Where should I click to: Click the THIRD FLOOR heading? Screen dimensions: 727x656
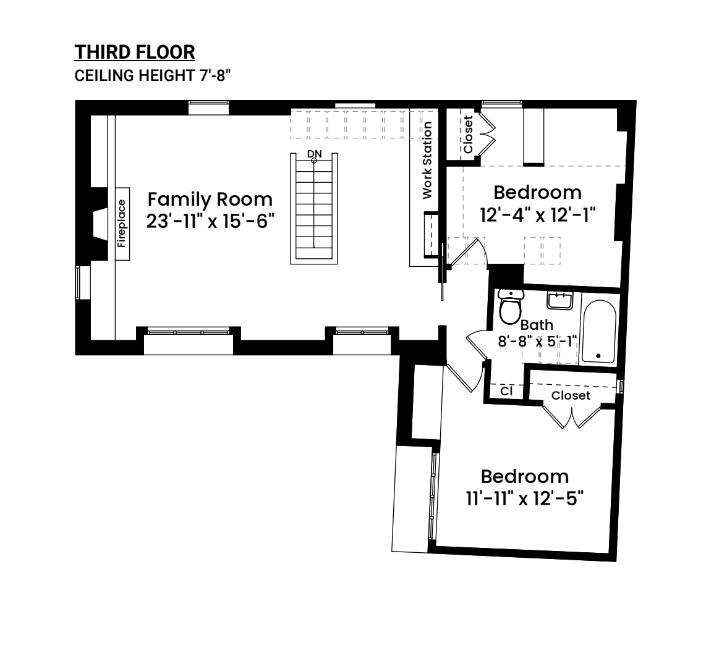tap(135, 52)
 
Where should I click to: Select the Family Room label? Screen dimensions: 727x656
tap(210, 200)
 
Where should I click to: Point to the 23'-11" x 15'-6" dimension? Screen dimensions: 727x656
tap(210, 221)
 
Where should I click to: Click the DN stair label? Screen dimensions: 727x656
tap(314, 154)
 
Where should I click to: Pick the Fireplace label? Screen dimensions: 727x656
tap(121, 224)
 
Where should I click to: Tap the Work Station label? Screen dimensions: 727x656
tap(427, 161)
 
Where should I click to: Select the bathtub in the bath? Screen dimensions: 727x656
tap(599, 331)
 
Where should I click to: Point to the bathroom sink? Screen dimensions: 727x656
tap(560, 301)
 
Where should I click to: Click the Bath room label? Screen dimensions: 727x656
tap(537, 325)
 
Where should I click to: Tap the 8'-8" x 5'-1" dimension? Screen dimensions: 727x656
tap(537, 342)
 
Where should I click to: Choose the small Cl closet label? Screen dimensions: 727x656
tap(507, 391)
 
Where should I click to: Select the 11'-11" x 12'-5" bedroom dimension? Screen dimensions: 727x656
tap(524, 499)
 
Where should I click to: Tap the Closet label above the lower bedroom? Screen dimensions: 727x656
tap(571, 395)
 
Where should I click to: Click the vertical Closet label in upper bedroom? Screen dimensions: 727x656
tap(468, 135)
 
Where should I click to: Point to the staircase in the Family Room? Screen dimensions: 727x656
tap(314, 209)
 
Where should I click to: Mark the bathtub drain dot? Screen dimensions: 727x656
tap(598, 356)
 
